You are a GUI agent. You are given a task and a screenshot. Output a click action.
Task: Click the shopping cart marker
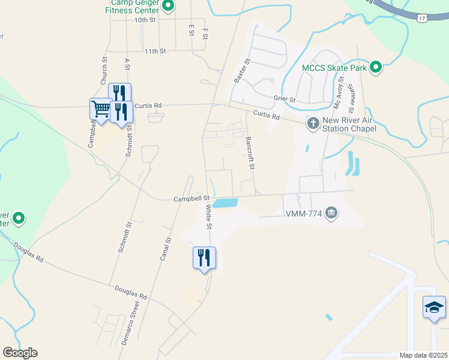101,109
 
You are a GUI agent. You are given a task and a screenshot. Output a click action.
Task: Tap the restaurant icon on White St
204,258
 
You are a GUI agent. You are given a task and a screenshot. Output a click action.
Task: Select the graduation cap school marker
434,308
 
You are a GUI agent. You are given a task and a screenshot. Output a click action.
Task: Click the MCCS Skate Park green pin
376,67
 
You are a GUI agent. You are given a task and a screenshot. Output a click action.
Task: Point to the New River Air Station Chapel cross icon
313,124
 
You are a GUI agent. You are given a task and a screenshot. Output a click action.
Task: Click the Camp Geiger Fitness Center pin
168,7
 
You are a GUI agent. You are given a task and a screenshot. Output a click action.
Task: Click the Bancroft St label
252,153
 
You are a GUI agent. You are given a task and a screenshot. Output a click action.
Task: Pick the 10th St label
145,20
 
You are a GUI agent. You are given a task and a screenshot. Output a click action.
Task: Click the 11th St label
154,52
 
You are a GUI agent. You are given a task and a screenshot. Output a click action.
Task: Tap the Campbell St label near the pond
191,198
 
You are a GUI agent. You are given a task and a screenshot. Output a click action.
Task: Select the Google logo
20,353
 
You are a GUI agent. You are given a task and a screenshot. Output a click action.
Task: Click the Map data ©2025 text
423,355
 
